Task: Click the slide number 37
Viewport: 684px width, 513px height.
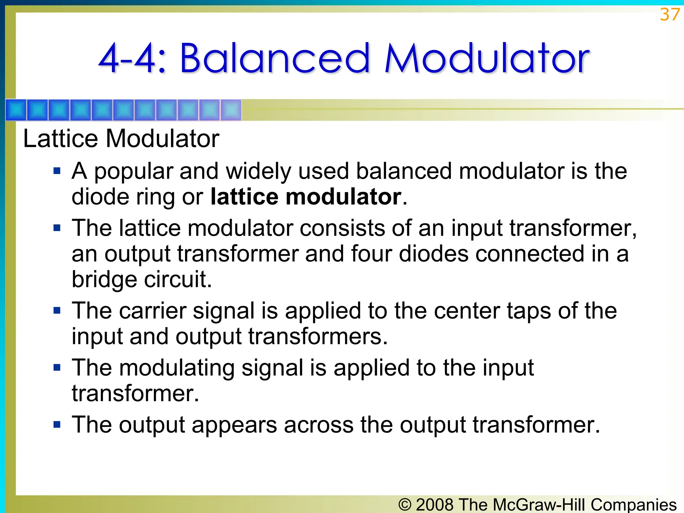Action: coord(669,15)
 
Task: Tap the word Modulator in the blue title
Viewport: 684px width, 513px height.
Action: coord(487,58)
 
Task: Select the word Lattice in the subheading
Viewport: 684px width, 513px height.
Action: coord(60,139)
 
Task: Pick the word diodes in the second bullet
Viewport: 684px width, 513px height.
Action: coord(434,254)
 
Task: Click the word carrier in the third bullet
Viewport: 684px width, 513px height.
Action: coord(153,311)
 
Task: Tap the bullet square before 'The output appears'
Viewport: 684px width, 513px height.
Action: coord(57,425)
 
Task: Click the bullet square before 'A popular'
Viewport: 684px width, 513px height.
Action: coord(57,171)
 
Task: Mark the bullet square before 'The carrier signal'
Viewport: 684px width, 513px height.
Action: coord(57,311)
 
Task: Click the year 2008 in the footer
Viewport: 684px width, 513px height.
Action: coord(435,504)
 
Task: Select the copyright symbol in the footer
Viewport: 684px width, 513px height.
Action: coord(405,505)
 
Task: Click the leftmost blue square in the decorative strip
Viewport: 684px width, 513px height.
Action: coord(16,110)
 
